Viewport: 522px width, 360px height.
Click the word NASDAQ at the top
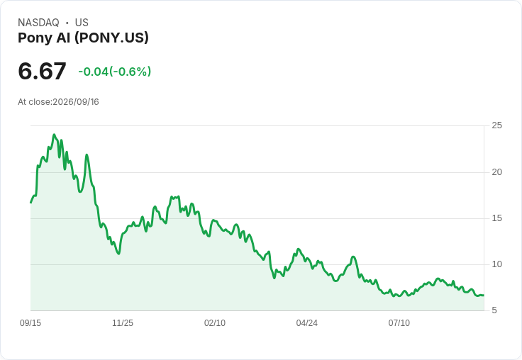[x=38, y=23]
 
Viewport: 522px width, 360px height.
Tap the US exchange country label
[x=82, y=23]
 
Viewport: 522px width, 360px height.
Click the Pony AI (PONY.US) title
[x=83, y=38]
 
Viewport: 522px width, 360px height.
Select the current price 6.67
[x=43, y=71]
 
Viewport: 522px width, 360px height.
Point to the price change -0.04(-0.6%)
[x=114, y=72]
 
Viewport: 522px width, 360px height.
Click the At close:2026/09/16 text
[x=58, y=102]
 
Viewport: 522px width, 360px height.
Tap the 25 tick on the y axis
[x=496, y=125]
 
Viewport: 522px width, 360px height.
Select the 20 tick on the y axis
[x=496, y=172]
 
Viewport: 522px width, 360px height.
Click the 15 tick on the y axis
[x=496, y=218]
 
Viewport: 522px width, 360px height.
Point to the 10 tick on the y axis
[x=496, y=264]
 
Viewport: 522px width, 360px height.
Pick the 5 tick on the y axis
[x=494, y=310]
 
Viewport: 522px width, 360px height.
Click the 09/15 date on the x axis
[x=30, y=323]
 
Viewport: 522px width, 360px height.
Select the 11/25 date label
[x=123, y=323]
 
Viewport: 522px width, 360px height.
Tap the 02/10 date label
[x=215, y=323]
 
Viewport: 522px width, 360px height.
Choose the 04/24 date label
[x=306, y=323]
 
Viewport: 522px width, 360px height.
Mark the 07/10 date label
[x=399, y=323]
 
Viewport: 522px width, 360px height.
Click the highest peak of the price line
[x=55, y=135]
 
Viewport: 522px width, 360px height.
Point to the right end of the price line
[x=484, y=295]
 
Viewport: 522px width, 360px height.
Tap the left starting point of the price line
[x=31, y=202]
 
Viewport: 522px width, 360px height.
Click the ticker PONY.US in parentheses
[x=111, y=38]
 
